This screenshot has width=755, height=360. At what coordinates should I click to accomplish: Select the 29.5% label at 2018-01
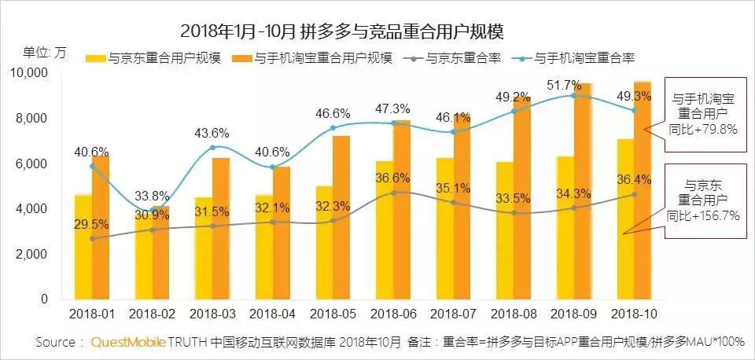pos(91,224)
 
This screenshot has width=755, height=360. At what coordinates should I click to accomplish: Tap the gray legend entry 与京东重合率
pos(451,57)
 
